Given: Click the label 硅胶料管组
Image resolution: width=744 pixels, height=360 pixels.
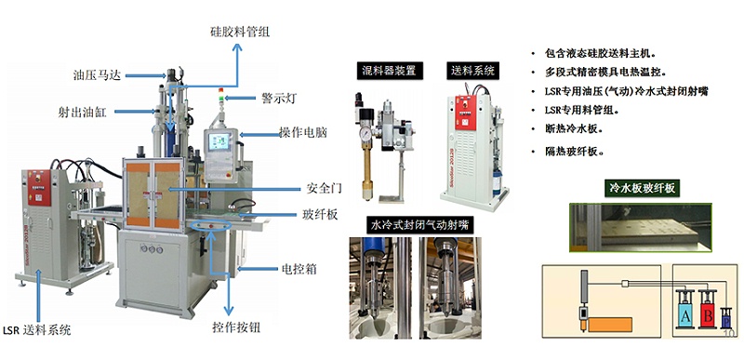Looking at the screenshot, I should pos(239,32).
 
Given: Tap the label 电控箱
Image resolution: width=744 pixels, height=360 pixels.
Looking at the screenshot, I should pos(300,270).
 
